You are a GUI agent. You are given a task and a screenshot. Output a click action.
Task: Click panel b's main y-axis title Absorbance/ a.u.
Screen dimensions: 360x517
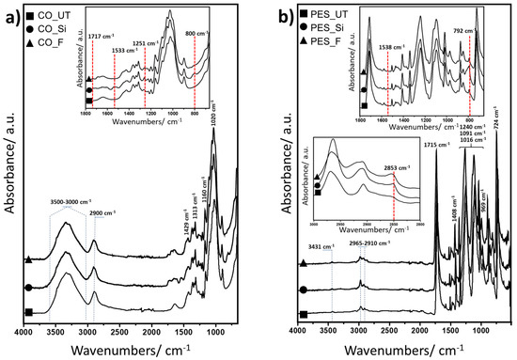[x=278, y=207]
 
